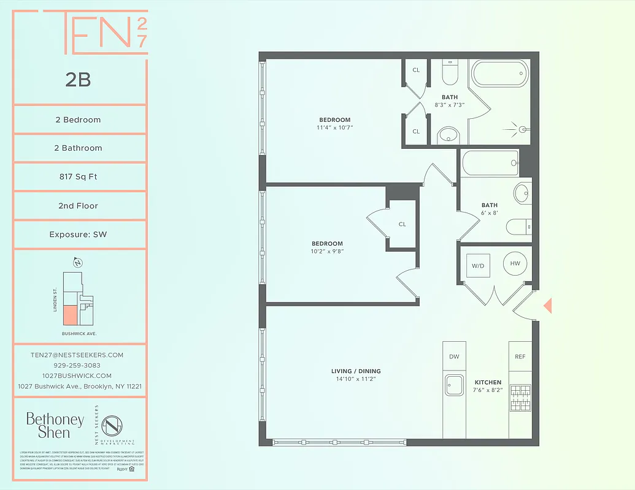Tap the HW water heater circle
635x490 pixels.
tap(515, 263)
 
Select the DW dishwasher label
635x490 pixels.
tap(454, 356)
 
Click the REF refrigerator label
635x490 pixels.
tap(520, 356)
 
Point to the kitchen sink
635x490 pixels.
tap(455, 386)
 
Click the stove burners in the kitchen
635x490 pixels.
tap(520, 398)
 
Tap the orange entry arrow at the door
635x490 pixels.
tap(548, 305)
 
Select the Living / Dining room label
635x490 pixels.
tap(356, 371)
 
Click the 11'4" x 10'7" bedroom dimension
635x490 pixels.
tap(334, 128)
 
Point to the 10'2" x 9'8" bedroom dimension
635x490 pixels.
tap(326, 251)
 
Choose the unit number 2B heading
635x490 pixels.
tap(78, 79)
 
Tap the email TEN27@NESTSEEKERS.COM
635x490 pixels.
tap(77, 355)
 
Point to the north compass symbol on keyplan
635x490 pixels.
tap(77, 263)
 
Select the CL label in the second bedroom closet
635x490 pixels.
tap(402, 224)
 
